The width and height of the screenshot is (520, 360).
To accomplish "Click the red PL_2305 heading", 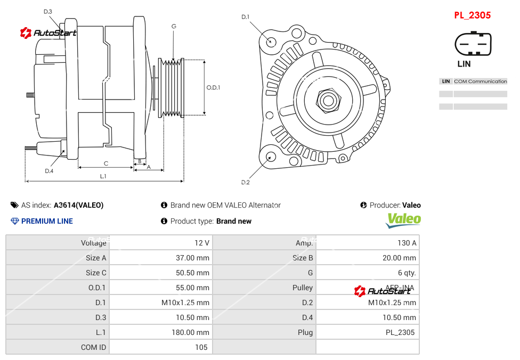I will tap(472, 15).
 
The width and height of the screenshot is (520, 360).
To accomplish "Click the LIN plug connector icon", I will tap(473, 44).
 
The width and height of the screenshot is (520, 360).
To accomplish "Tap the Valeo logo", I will tap(403, 219).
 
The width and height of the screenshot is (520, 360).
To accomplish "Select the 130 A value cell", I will tap(407, 243).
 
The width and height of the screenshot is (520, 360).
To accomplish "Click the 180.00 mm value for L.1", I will tap(194, 332).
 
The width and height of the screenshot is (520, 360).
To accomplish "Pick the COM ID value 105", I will tap(201, 347).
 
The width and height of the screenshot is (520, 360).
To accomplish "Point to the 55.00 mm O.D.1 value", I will tap(194, 288).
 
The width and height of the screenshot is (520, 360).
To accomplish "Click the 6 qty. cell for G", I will tap(407, 273).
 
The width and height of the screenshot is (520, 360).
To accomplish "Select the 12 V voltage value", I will tap(201, 243).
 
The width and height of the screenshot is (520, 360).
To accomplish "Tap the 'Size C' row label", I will tap(96, 273).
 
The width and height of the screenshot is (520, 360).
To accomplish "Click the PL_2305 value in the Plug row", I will tap(400, 332).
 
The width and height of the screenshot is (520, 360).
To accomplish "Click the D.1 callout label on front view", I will tap(245, 17).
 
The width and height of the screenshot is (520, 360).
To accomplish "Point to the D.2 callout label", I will tap(245, 182).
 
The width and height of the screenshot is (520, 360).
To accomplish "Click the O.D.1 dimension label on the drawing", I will tap(213, 87).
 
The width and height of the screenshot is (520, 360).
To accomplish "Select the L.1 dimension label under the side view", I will tap(103, 176).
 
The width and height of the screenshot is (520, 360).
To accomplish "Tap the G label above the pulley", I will tap(174, 26).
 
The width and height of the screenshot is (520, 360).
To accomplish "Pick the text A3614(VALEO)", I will tap(79, 205).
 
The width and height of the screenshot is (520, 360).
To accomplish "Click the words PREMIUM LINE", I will tap(47, 221).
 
